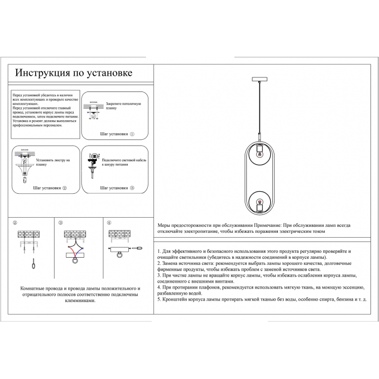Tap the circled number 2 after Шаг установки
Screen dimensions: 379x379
point(64,188)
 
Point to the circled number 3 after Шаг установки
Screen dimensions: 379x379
point(132,188)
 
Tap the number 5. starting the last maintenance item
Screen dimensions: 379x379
point(159,299)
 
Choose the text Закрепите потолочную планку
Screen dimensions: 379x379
point(123,105)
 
